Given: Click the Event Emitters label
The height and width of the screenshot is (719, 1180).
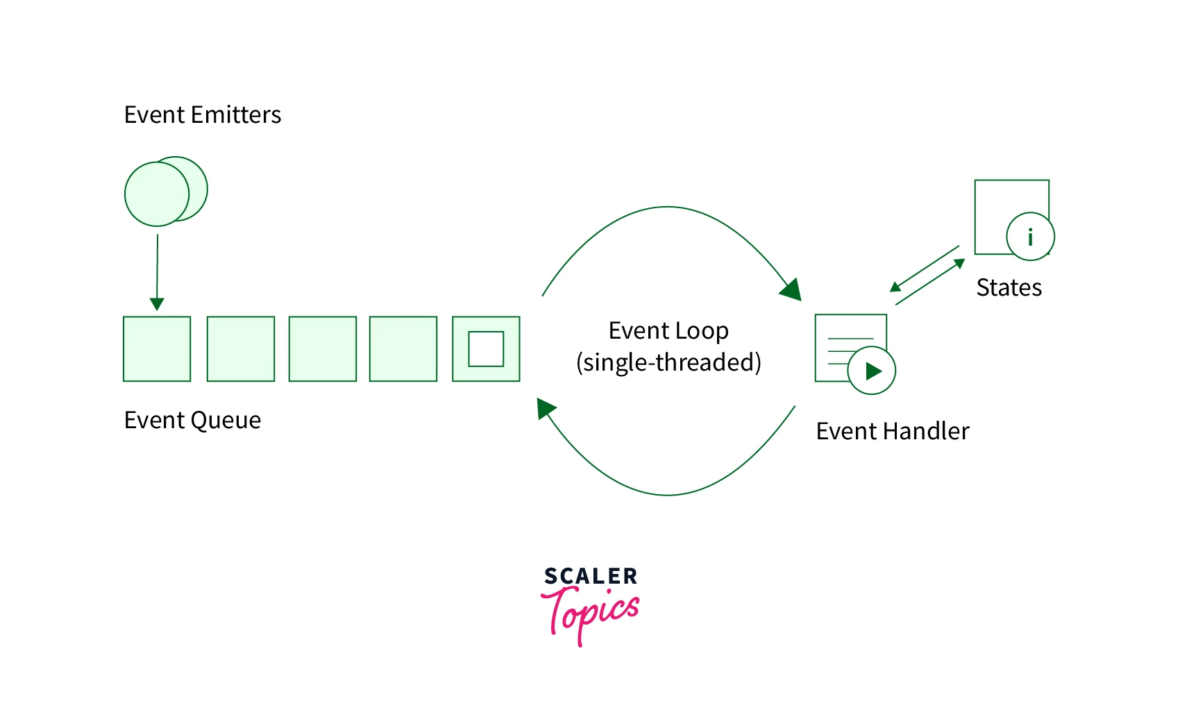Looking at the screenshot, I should coord(202,115).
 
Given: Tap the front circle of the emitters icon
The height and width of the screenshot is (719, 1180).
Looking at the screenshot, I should coord(156,194).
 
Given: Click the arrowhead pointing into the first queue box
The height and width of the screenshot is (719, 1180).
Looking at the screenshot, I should coord(157,304).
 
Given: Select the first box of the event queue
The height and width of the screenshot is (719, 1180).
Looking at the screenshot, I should coord(157,349).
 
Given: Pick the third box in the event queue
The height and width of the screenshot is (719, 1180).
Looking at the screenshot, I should coord(323,349).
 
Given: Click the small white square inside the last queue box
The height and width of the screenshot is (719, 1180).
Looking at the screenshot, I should coord(486,349).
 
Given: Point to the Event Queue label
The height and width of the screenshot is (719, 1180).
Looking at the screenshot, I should coord(192,420).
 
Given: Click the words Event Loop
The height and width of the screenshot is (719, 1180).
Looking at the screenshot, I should coord(668,330).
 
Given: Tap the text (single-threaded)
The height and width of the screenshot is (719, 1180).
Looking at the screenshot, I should coord(668,362).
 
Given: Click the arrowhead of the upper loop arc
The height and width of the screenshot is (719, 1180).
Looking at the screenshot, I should coord(792,289).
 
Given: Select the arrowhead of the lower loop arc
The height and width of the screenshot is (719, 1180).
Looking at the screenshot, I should coord(546,407).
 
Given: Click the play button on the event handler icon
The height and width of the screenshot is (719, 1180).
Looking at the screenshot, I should coord(872,371).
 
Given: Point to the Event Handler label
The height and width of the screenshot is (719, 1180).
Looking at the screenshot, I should coord(892,431).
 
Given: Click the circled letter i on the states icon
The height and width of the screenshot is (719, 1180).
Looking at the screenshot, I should coord(1030,237).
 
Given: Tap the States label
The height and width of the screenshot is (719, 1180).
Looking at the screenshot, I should coord(1009,287).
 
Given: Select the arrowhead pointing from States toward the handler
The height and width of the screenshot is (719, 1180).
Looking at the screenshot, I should coord(895,287).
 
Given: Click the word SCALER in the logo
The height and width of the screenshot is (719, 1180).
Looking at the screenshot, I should coord(591,576).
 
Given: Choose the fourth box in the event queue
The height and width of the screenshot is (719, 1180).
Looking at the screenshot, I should coord(403,349).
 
